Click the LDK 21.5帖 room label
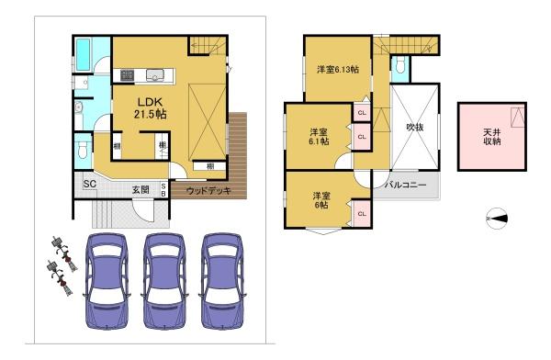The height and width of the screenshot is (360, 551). click(151, 108)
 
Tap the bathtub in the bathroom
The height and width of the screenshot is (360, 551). click(84, 54)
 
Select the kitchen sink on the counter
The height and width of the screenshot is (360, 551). click(154, 75)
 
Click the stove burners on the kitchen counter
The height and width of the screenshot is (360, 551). click(128, 75)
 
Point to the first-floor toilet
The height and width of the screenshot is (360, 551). click(83, 150)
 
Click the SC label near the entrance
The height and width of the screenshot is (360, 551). click(90, 184)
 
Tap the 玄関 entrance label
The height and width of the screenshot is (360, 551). click(141, 190)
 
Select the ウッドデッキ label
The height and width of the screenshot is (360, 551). click(208, 191)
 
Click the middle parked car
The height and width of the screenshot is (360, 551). click(164, 281)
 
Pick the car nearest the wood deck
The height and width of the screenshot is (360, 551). click(222, 281)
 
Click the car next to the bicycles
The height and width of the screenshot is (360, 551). click(107, 281)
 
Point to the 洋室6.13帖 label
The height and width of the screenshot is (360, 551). click(338, 70)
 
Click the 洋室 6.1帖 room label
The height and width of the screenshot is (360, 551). click(319, 137)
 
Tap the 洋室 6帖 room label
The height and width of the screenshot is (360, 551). click(321, 200)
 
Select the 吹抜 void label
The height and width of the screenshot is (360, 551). click(415, 128)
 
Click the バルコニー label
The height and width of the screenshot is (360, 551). click(406, 185)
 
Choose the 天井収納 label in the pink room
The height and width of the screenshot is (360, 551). click(492, 137)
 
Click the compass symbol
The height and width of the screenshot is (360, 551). click(497, 219)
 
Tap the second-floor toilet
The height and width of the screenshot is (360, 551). click(400, 64)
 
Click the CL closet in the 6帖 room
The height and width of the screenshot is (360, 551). click(363, 213)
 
